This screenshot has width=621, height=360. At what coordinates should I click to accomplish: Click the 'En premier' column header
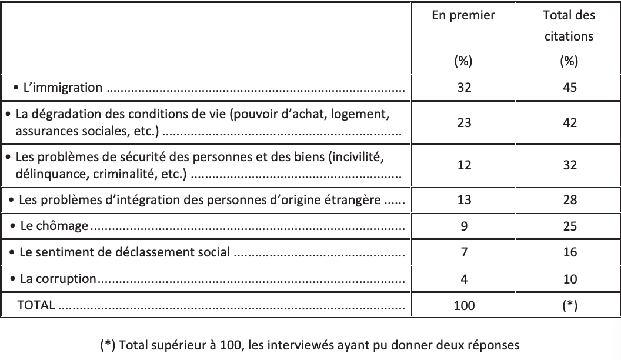point(463,16)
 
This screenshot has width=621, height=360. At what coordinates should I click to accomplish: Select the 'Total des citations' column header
point(569,26)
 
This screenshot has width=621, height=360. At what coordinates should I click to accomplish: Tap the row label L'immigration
point(62,88)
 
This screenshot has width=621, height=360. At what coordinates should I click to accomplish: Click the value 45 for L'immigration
point(569,88)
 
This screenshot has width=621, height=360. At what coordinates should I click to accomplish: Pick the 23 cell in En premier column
point(464,122)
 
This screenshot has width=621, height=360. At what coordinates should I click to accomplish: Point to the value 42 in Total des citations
point(569,122)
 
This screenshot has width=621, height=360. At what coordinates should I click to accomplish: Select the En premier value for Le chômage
point(464,226)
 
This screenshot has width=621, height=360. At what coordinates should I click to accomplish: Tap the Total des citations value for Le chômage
point(569,226)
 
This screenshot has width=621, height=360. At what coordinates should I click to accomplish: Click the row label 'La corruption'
point(58,278)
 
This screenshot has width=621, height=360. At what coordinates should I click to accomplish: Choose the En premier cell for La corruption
point(464,279)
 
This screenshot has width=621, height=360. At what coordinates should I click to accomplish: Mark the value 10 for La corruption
point(569,279)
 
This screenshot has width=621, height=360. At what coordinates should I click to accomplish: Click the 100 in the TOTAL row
point(464,305)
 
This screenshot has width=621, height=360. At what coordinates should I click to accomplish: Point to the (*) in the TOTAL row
point(569,305)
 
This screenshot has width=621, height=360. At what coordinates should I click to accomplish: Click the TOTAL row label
point(36,305)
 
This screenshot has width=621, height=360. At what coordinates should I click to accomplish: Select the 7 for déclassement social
point(464,252)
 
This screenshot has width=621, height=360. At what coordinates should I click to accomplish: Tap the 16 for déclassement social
point(569,252)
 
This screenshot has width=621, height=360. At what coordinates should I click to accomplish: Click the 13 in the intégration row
point(464,199)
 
